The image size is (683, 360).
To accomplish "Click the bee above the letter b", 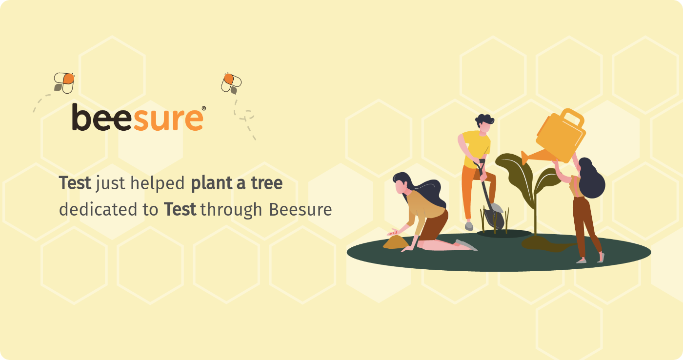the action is [64, 83].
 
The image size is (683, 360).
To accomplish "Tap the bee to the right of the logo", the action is [231, 83].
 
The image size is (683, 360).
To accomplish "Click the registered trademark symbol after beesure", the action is [204, 108].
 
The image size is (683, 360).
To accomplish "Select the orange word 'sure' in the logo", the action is [168, 119].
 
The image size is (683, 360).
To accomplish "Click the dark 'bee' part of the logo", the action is [102, 118].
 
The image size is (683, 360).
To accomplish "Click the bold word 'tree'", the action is [267, 183].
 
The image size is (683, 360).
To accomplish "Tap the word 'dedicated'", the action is [98, 209].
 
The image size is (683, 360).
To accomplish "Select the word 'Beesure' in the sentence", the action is [301, 210].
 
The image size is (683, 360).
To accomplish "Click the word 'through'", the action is [231, 210].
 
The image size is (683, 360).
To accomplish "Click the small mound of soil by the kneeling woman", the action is [396, 242].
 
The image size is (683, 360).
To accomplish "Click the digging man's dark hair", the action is [484, 120].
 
